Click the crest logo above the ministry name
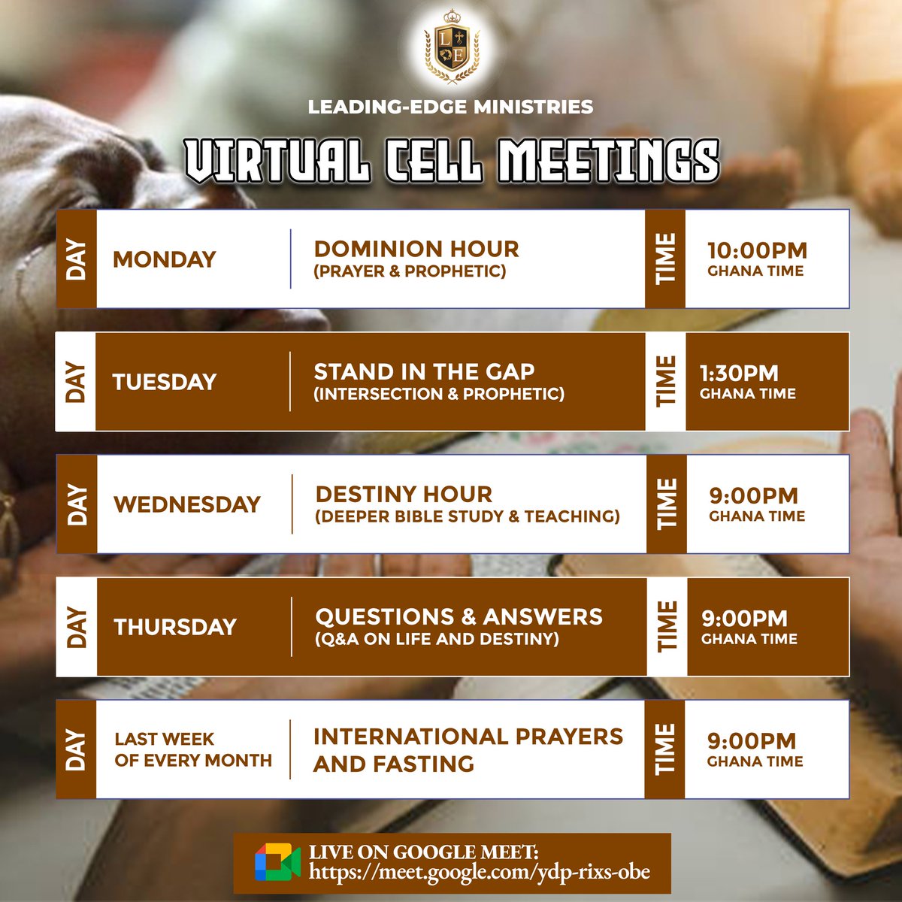[x=452, y=47]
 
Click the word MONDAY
[x=165, y=259]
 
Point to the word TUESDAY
[x=165, y=382]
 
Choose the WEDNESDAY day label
[x=187, y=504]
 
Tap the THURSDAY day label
[x=175, y=627]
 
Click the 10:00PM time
[x=758, y=250]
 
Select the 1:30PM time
[x=739, y=374]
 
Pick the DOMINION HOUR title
[x=416, y=249]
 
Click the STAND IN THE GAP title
[x=424, y=371]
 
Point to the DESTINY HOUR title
[x=404, y=495]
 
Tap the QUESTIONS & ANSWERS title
[x=459, y=617]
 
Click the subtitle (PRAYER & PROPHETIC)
[x=410, y=271]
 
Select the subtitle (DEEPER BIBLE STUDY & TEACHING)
[x=468, y=516]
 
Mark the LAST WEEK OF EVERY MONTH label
[x=193, y=749]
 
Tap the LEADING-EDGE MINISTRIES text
[x=450, y=107]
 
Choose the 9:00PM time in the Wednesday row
[x=754, y=496]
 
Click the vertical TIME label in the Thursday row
[x=667, y=627]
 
